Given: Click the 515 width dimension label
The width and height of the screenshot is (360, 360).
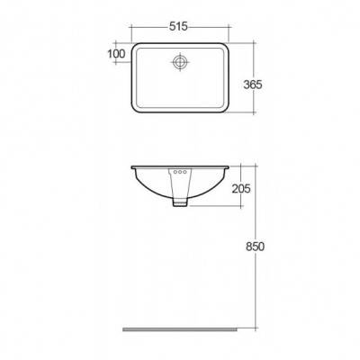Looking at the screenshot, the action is click(178, 27).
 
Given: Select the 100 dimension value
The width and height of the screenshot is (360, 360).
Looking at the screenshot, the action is click(116, 54).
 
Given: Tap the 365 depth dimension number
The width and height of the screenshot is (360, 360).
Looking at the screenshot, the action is click(253, 85).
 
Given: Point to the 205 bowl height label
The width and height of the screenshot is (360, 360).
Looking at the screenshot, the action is click(241, 189).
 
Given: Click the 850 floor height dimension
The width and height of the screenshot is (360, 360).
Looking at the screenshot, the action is click(255, 247).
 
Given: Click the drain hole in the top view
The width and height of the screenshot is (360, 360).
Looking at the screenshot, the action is click(180, 62).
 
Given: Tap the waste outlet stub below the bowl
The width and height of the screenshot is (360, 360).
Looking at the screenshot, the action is click(180, 202).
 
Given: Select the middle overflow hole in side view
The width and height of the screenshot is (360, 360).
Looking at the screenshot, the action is click(180, 172).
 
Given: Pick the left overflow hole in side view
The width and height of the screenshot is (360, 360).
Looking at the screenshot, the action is click(175, 172).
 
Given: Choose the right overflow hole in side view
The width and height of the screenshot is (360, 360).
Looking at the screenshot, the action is click(184, 172).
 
